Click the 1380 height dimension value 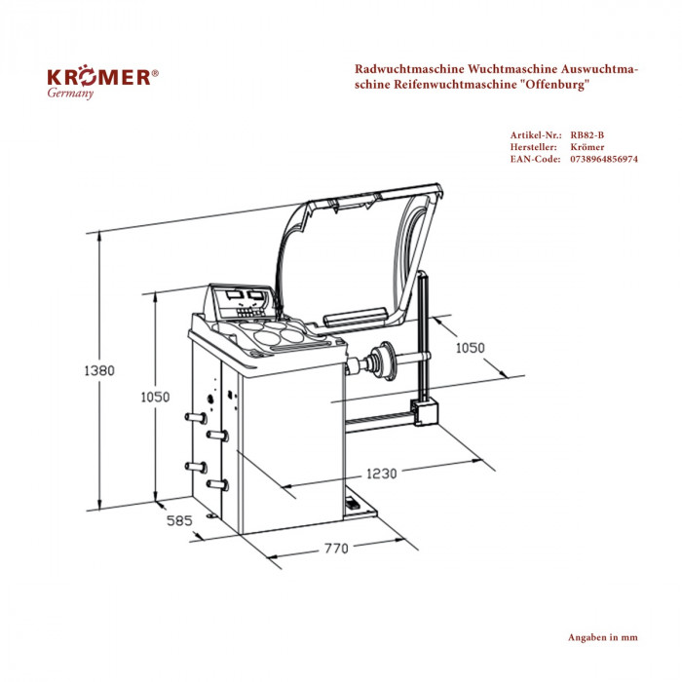click(99, 370)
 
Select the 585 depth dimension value click(179, 521)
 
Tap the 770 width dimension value click(334, 549)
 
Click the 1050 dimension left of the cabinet click(154, 397)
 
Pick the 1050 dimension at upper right click(472, 348)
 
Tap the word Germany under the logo click(70, 95)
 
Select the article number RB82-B click(588, 134)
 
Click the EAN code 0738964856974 click(604, 158)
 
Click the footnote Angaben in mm click(602, 637)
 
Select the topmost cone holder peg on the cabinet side click(194, 417)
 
